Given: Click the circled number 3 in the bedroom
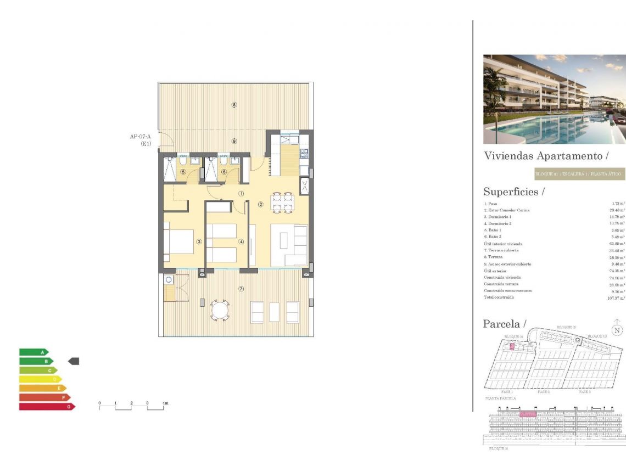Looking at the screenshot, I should [x=199, y=241].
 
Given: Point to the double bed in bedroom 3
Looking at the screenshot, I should [x=179, y=238].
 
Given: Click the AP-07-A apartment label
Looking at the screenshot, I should [x=140, y=137].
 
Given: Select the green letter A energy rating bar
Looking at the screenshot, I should [x=33, y=352].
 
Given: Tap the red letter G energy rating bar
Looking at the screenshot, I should [x=47, y=407].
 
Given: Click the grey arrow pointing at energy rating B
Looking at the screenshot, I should [x=74, y=361].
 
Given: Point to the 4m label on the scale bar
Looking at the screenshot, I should [x=165, y=403].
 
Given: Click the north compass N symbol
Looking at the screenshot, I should [x=618, y=330].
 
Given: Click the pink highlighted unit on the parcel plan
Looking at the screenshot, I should [x=512, y=346].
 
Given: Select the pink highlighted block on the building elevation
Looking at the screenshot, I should [x=528, y=414].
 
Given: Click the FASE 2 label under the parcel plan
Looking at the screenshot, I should [x=544, y=392].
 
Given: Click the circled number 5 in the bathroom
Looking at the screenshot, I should [x=183, y=172].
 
